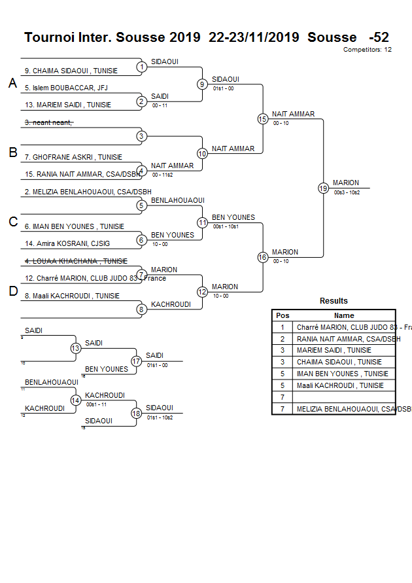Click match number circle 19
point(323,188)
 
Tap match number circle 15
point(263,118)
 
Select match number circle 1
point(142,67)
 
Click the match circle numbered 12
point(202,292)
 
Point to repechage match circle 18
point(136,413)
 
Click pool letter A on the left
point(12,83)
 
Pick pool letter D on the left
point(13,292)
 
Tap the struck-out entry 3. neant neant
point(49,122)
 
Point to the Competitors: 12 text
point(368,49)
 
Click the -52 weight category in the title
point(379,37)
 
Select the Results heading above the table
point(334,301)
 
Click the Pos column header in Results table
point(283,315)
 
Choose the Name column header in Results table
point(344,315)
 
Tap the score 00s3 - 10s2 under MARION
point(347,192)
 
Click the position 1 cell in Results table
point(283,327)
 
